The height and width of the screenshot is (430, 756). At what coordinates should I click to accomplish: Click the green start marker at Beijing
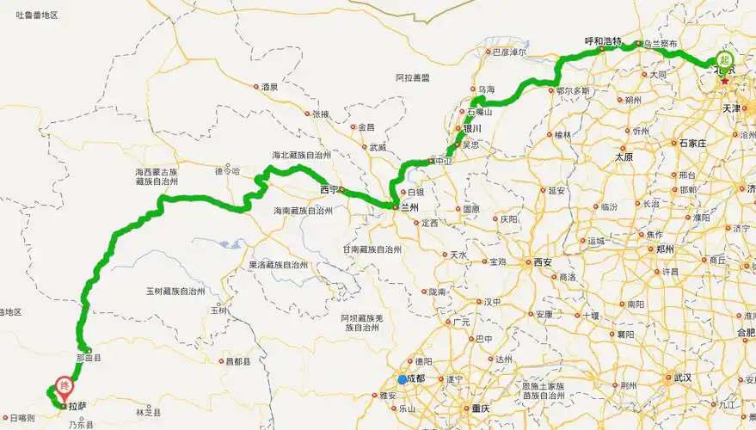(x=725, y=60)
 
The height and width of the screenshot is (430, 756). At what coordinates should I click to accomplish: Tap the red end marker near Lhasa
(x=63, y=387)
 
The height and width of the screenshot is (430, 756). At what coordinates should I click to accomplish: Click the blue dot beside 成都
(x=403, y=379)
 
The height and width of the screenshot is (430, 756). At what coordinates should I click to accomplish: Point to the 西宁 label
(x=328, y=189)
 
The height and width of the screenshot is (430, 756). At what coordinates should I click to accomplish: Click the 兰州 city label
(x=409, y=207)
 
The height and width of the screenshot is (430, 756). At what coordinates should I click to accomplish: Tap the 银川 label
(x=472, y=129)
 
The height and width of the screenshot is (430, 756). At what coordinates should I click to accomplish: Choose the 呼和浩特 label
(x=602, y=40)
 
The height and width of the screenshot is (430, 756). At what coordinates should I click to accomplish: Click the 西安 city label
(x=542, y=261)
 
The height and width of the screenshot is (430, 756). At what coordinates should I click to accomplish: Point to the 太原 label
(x=623, y=157)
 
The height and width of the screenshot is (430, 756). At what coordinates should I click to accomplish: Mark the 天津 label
(x=731, y=109)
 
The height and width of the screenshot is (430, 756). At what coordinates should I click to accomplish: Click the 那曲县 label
(x=89, y=358)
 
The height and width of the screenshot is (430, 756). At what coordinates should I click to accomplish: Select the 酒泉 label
(x=269, y=87)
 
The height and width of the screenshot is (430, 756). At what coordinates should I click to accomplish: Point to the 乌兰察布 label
(x=660, y=44)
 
